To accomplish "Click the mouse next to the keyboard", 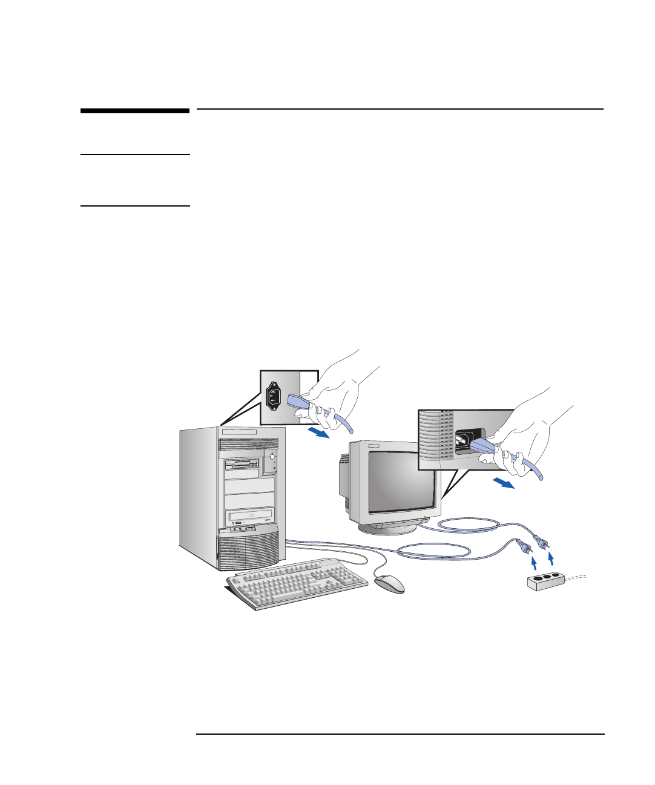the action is tap(389, 584).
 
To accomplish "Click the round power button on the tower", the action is tap(272, 456).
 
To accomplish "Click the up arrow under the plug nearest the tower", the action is tap(533, 564).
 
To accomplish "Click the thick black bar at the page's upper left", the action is tap(135, 111).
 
